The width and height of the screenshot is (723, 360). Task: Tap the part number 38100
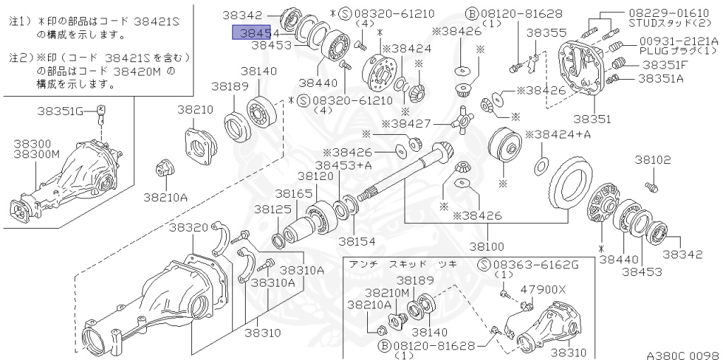(x=487, y=246)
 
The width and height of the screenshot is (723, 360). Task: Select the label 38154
(x=357, y=241)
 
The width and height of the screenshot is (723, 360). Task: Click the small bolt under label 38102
(x=652, y=186)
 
